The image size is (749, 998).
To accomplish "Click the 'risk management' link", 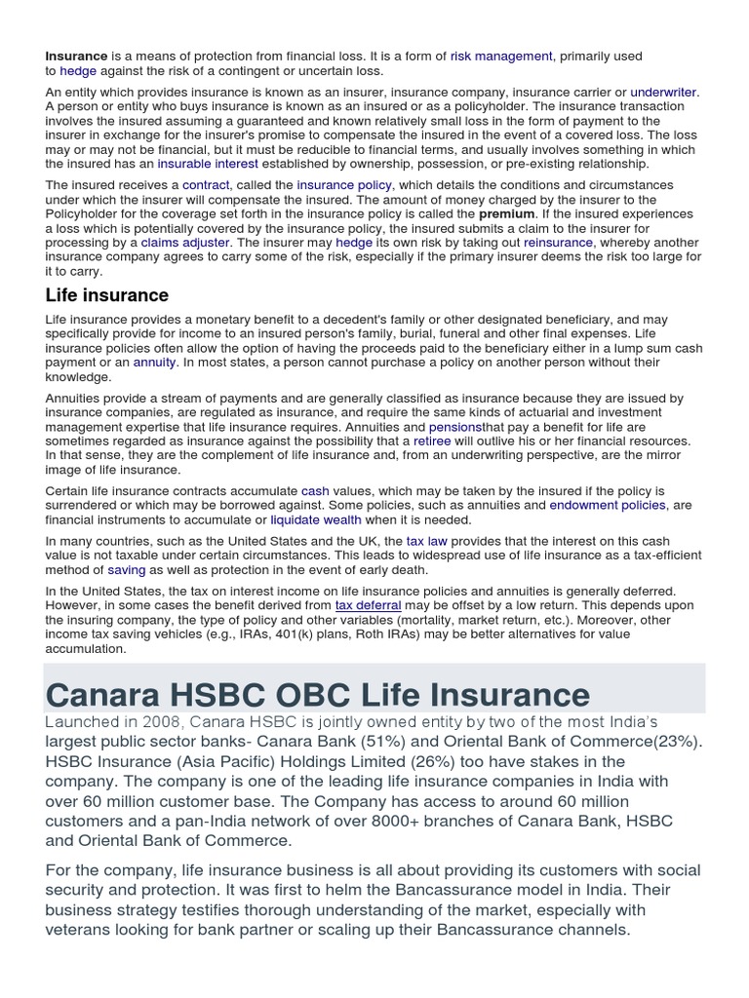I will [500, 57].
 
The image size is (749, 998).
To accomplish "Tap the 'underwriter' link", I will [663, 93].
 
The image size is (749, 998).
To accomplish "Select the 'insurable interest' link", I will [208, 164].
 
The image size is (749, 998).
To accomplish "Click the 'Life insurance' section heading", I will [107, 295].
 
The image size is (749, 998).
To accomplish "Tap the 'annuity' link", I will [154, 362].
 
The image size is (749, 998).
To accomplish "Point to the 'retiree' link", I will [432, 441].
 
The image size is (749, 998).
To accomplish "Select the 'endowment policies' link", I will [608, 505].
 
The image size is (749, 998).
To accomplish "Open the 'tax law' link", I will [427, 541].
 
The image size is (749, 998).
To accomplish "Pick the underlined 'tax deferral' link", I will [369, 605].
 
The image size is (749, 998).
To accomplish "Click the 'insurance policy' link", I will [344, 185].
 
